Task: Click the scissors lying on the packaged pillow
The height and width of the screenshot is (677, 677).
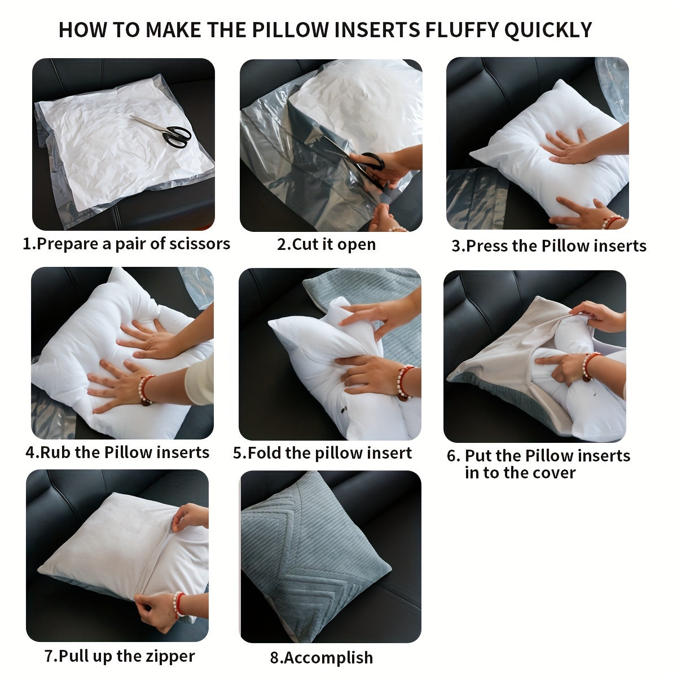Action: [164, 130]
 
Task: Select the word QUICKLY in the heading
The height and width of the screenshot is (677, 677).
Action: [548, 30]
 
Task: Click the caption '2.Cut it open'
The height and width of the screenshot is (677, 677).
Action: [326, 244]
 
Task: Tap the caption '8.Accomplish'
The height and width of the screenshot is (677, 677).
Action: [321, 657]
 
